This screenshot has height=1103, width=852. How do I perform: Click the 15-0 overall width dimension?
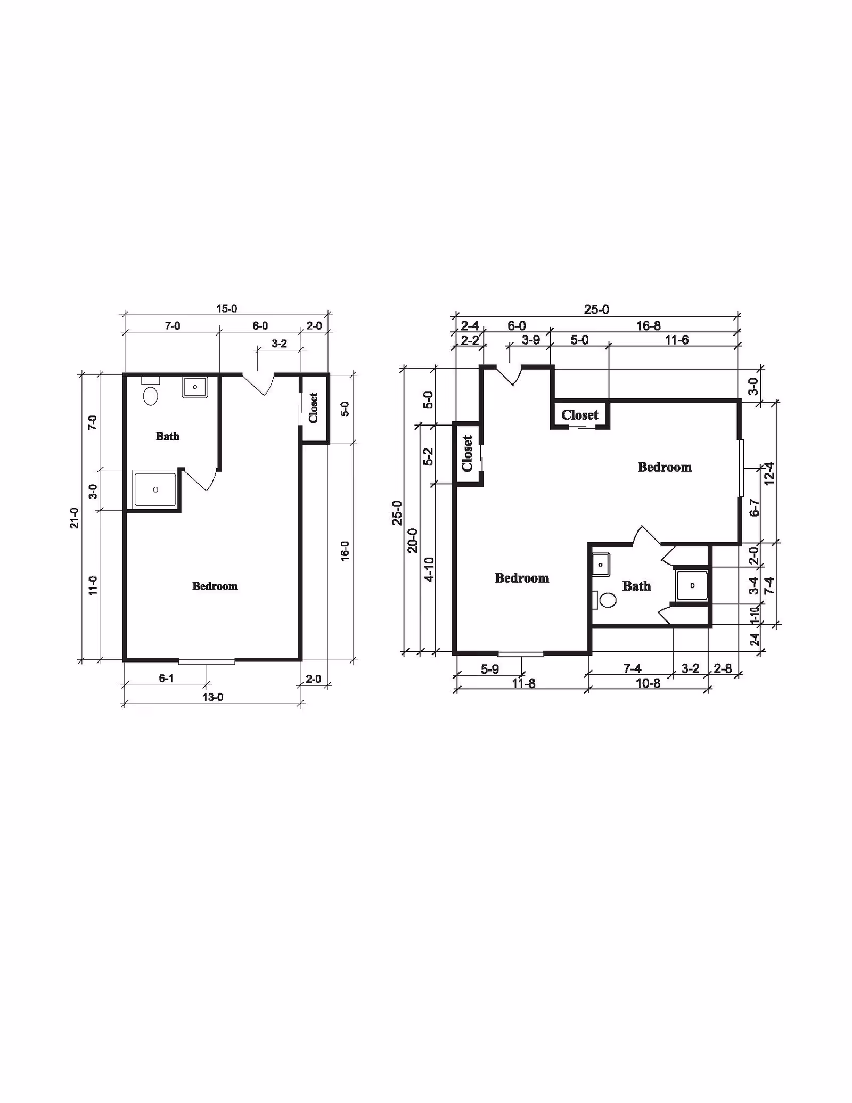(226, 308)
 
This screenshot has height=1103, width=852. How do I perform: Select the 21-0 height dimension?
(75, 518)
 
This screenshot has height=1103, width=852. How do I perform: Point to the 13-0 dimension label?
(212, 697)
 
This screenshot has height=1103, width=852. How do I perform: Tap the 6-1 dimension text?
(166, 678)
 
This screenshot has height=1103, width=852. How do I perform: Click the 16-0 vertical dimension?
(345, 551)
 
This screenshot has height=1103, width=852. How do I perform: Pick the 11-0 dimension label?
(93, 585)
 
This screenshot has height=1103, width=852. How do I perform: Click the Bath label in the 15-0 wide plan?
(167, 436)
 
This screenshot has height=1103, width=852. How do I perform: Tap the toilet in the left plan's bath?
(151, 396)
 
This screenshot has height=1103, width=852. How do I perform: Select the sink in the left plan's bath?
(195, 387)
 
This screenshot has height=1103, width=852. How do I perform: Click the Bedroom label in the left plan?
(215, 586)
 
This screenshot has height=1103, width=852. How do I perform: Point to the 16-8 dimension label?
(649, 325)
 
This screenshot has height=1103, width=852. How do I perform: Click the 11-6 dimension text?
(677, 340)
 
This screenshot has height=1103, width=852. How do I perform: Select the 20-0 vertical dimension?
(413, 541)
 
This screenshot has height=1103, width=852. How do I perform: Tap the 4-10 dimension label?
(429, 569)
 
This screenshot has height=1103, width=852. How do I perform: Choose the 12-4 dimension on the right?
(769, 473)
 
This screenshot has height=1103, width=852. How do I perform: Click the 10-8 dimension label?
(648, 683)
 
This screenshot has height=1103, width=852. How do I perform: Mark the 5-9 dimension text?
(489, 669)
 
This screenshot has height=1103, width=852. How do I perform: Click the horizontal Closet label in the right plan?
(579, 415)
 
